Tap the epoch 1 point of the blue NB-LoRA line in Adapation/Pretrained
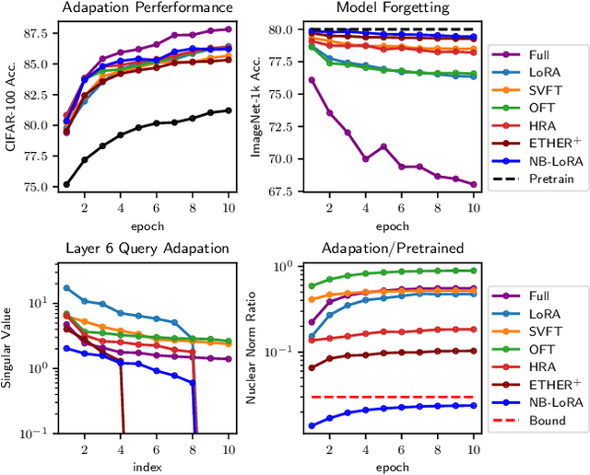click(x=311, y=425)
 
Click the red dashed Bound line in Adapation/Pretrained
click(x=393, y=397)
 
